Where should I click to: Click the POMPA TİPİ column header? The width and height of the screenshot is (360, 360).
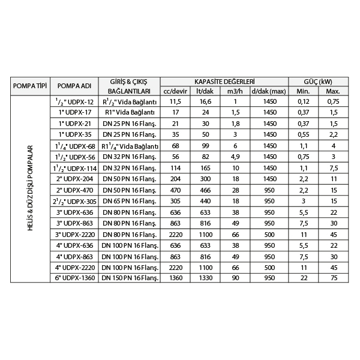pos(29,86)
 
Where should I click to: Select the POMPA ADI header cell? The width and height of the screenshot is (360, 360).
pos(74,86)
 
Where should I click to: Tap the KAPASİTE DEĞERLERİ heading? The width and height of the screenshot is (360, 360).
pos(224,81)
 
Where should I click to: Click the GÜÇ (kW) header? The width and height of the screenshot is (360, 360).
pos(318,81)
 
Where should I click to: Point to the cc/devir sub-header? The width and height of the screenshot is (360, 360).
pos(175,91)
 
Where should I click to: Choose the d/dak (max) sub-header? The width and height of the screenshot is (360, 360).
pos(269,91)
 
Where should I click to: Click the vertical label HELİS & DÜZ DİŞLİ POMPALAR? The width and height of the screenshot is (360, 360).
pos(29,189)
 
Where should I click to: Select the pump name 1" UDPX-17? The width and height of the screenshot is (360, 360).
pos(74,112)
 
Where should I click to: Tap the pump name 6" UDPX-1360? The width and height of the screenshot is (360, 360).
pos(74,278)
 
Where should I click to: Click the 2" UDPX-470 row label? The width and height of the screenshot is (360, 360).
pos(74,190)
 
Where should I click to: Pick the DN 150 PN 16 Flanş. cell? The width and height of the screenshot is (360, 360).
pos(130,278)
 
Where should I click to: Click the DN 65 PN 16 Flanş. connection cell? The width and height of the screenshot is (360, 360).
pos(130,200)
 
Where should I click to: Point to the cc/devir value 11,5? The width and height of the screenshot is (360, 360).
pos(175,101)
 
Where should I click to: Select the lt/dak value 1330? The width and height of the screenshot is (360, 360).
pos(205,278)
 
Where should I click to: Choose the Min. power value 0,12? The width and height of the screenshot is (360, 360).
pos(303,101)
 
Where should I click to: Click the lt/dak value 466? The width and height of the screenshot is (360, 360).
pos(205,190)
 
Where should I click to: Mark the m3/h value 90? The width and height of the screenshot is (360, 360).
pos(235,278)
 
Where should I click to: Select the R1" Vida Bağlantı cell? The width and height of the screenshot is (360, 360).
pos(130,112)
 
